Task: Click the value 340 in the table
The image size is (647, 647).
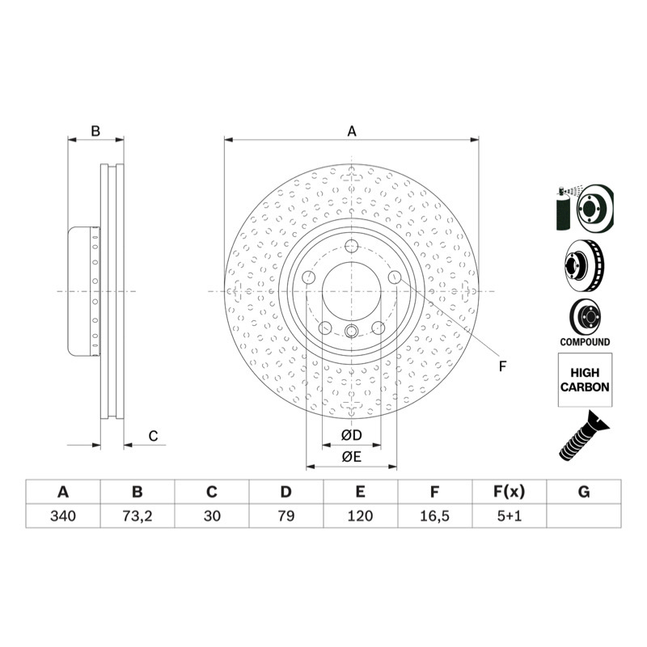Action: (x=63, y=516)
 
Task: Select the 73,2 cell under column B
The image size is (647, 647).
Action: (x=137, y=516)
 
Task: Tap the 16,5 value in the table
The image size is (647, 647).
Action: (x=434, y=516)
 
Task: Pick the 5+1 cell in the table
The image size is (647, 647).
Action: (x=510, y=516)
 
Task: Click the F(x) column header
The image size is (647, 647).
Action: (x=510, y=492)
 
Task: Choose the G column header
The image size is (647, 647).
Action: (x=584, y=492)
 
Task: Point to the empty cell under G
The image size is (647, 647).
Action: (x=584, y=516)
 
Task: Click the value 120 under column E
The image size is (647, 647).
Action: (x=360, y=516)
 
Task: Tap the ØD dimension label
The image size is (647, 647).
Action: (x=352, y=435)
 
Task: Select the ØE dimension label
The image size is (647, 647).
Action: (x=352, y=456)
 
